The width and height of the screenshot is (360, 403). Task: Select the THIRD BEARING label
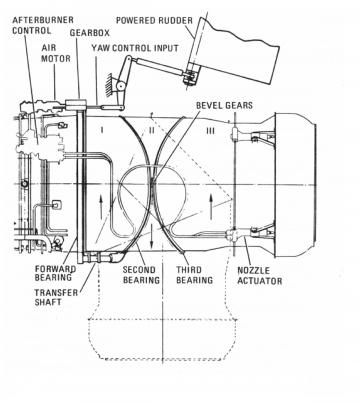pyautogui.click(x=196, y=275)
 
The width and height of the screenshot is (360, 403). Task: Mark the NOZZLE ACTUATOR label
pyautogui.click(x=258, y=275)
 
